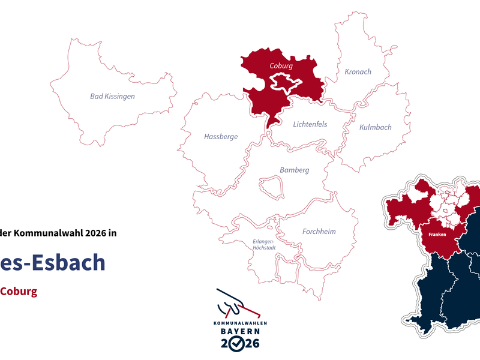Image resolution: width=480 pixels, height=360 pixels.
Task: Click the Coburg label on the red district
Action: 281,65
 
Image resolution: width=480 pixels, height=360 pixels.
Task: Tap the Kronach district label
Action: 358,71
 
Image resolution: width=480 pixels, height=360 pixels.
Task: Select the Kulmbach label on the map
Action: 375,127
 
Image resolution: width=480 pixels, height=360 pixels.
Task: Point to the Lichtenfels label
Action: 310,124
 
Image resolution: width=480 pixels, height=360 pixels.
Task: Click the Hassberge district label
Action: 221,136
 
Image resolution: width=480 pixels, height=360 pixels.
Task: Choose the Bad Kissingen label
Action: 112,96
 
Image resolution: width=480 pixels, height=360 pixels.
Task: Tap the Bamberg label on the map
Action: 294,170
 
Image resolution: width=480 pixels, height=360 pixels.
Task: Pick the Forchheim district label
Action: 319,231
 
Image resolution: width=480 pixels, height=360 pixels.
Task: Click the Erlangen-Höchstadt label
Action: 263,245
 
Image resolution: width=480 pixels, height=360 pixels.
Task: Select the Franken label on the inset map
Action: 437,235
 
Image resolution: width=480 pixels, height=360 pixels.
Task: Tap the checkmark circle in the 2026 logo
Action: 238,343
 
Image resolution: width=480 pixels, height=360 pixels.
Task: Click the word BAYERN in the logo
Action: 239,331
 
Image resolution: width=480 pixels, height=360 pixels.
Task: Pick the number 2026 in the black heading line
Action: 94,233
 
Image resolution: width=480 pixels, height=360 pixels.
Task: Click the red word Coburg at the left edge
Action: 18,292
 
